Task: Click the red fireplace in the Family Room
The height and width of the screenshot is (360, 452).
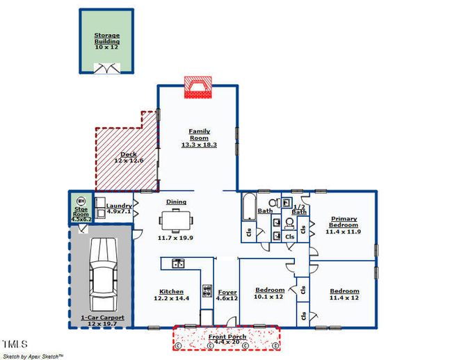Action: click(198, 88)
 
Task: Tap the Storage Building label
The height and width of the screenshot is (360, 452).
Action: click(107, 38)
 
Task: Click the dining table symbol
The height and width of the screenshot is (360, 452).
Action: click(176, 220)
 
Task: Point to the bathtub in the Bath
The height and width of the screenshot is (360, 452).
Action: click(249, 206)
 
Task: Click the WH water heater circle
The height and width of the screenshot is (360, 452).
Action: click(81, 201)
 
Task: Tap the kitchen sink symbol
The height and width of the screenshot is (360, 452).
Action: click(179, 263)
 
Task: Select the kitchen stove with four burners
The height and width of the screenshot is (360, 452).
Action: click(207, 291)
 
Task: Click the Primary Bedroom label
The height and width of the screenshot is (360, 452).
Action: click(344, 222)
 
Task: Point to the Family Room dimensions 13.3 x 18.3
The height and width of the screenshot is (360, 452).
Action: click(199, 145)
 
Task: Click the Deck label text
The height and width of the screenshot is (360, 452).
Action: click(129, 154)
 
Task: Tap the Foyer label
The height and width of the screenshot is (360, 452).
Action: click(227, 293)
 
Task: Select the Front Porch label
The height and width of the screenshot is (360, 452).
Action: click(227, 336)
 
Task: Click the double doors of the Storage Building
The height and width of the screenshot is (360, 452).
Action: click(107, 69)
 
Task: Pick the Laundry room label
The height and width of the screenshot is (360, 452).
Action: click(119, 206)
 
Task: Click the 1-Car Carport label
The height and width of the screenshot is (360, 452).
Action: click(102, 318)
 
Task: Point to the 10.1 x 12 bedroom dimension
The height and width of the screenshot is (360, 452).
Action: click(268, 297)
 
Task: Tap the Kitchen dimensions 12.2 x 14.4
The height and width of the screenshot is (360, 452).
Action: click(171, 298)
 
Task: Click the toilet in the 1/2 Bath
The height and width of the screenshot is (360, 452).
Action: click(289, 224)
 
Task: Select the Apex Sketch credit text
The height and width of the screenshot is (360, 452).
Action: click(33, 357)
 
